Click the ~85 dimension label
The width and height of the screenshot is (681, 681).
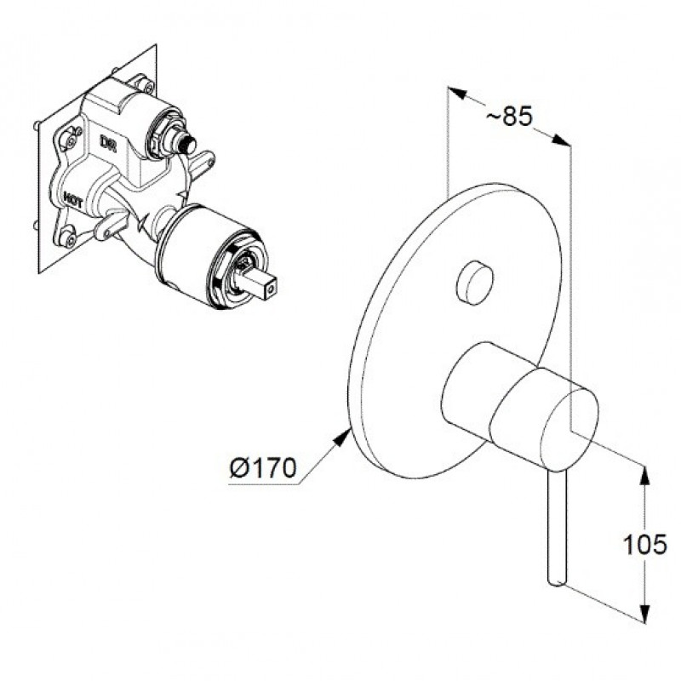[508, 117]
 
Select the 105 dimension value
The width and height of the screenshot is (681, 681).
[644, 544]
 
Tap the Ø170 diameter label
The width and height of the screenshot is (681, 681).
[263, 467]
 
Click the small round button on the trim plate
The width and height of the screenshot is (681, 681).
[474, 283]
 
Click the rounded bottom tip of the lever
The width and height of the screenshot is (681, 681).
[558, 581]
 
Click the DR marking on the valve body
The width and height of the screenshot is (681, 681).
[108, 143]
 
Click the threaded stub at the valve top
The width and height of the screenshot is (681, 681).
[186, 143]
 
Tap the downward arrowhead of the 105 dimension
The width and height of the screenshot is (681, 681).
[646, 612]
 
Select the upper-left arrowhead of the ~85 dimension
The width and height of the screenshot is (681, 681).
[457, 94]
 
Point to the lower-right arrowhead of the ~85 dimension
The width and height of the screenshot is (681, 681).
[560, 140]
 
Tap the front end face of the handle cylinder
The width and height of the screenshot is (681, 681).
[569, 428]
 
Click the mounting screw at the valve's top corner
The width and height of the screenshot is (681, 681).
[146, 83]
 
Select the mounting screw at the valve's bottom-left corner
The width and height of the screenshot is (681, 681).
[69, 237]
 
